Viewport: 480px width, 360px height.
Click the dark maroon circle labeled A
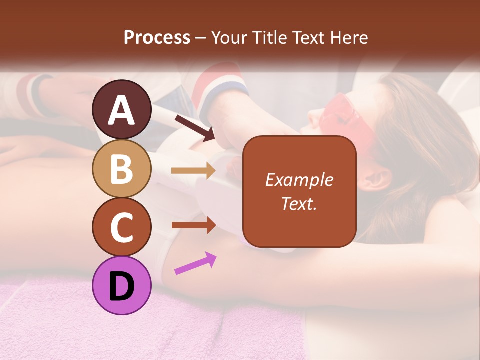coord(122,109)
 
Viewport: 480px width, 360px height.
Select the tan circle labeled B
coord(122,168)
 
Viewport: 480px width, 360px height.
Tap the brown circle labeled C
coord(122,227)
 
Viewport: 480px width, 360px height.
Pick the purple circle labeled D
coord(122,285)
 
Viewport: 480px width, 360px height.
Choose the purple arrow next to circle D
coord(195,263)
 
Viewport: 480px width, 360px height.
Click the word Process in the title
coord(157,38)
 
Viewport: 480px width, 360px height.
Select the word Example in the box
coord(299,180)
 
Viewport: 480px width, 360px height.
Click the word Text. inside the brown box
coord(299,203)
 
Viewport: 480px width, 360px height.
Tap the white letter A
coord(122,110)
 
